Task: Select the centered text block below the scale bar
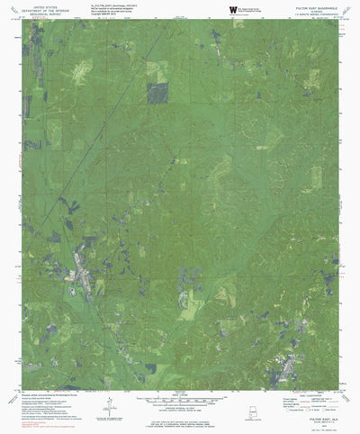(x=179, y=415)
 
